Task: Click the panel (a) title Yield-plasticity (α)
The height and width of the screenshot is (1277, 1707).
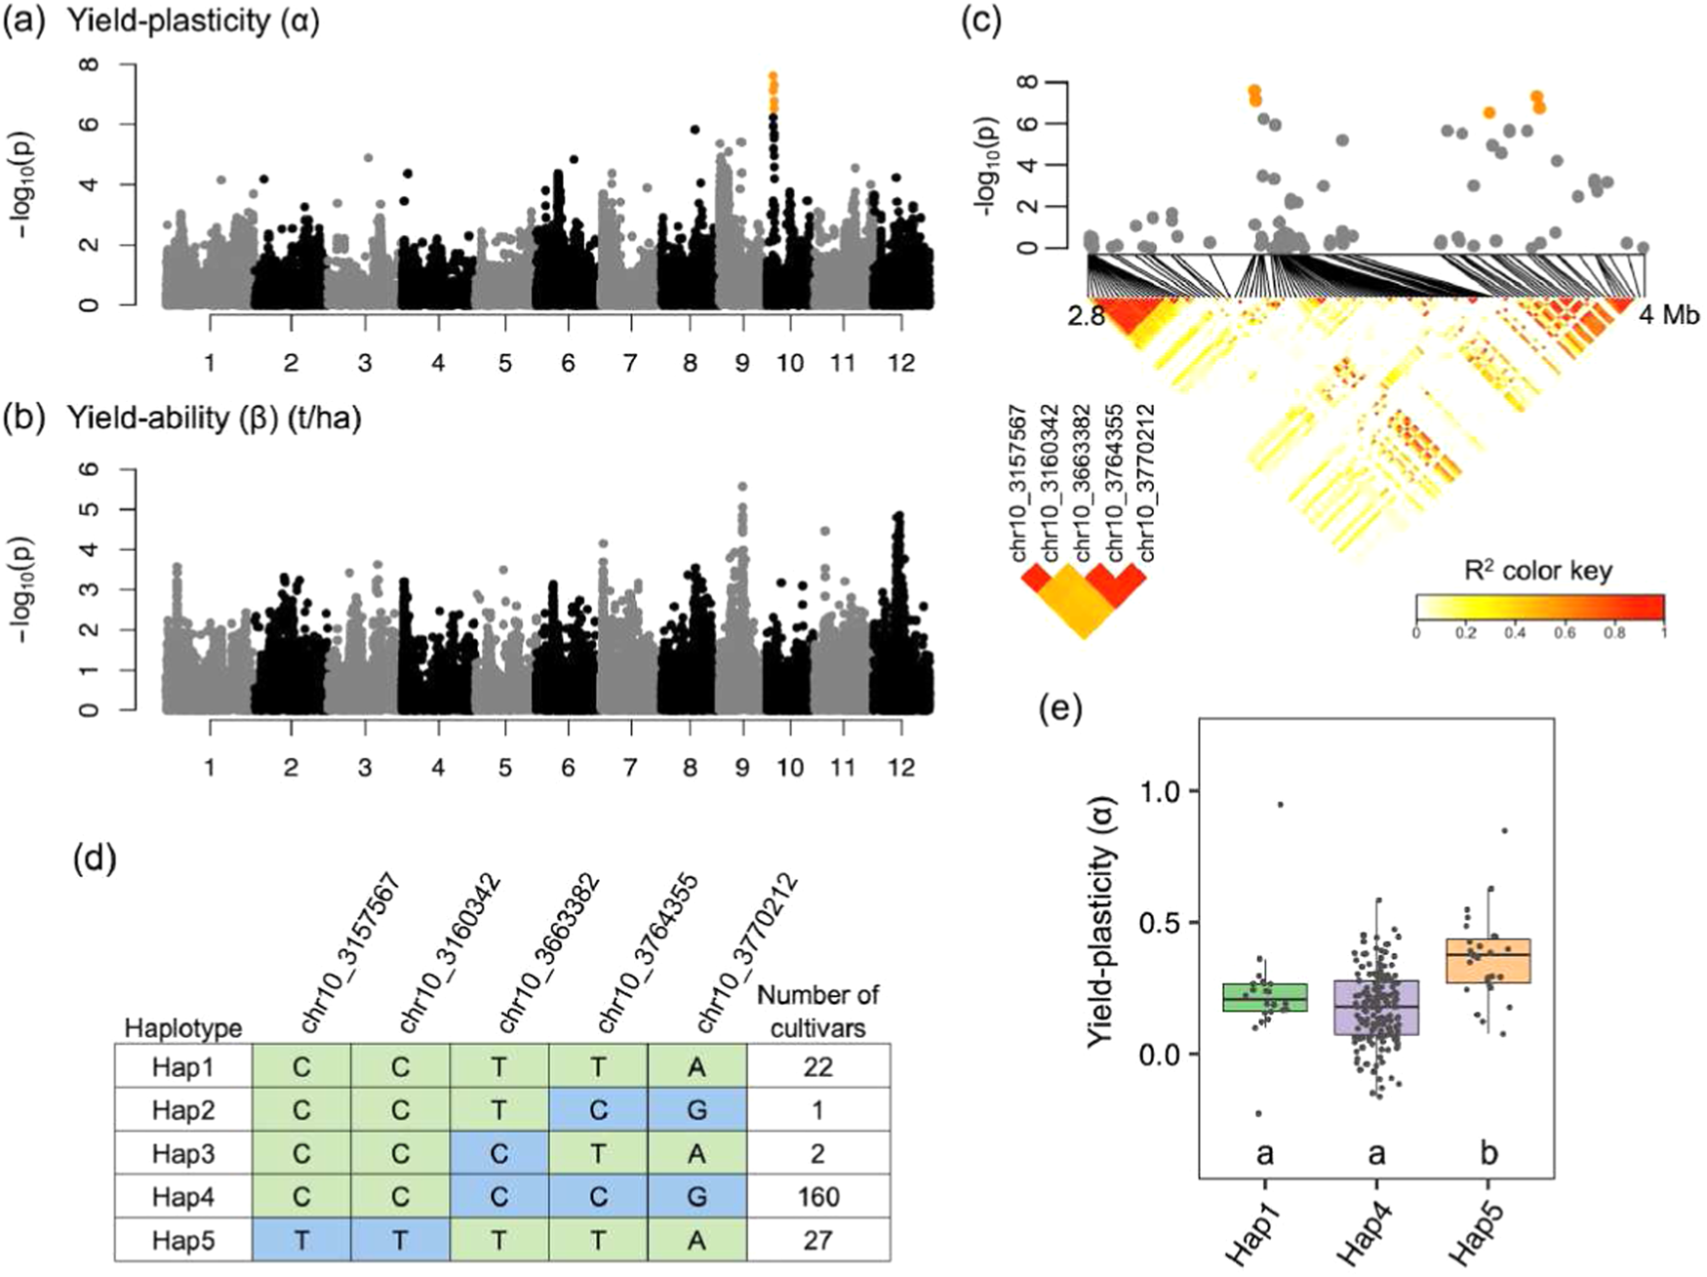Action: (193, 21)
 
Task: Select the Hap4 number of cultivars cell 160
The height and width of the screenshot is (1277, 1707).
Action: (817, 1197)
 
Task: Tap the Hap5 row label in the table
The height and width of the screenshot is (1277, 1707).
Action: (182, 1240)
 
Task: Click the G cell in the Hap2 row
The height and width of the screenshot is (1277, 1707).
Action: (696, 1110)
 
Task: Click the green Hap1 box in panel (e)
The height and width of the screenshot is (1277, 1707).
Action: (1265, 997)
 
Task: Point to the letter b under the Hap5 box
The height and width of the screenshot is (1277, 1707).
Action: (1489, 1154)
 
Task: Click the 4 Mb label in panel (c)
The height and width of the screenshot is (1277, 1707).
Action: (1668, 315)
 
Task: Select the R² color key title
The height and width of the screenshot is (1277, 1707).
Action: (1539, 571)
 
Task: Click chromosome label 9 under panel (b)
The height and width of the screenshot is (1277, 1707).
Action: (742, 768)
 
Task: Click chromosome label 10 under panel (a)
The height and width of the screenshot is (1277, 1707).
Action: (790, 364)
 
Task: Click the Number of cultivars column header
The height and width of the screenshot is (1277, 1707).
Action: (817, 1011)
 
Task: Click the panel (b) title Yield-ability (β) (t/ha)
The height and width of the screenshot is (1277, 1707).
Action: (215, 419)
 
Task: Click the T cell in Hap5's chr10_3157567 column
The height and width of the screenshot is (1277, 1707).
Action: (301, 1240)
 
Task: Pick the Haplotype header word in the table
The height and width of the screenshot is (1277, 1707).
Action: (182, 1028)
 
